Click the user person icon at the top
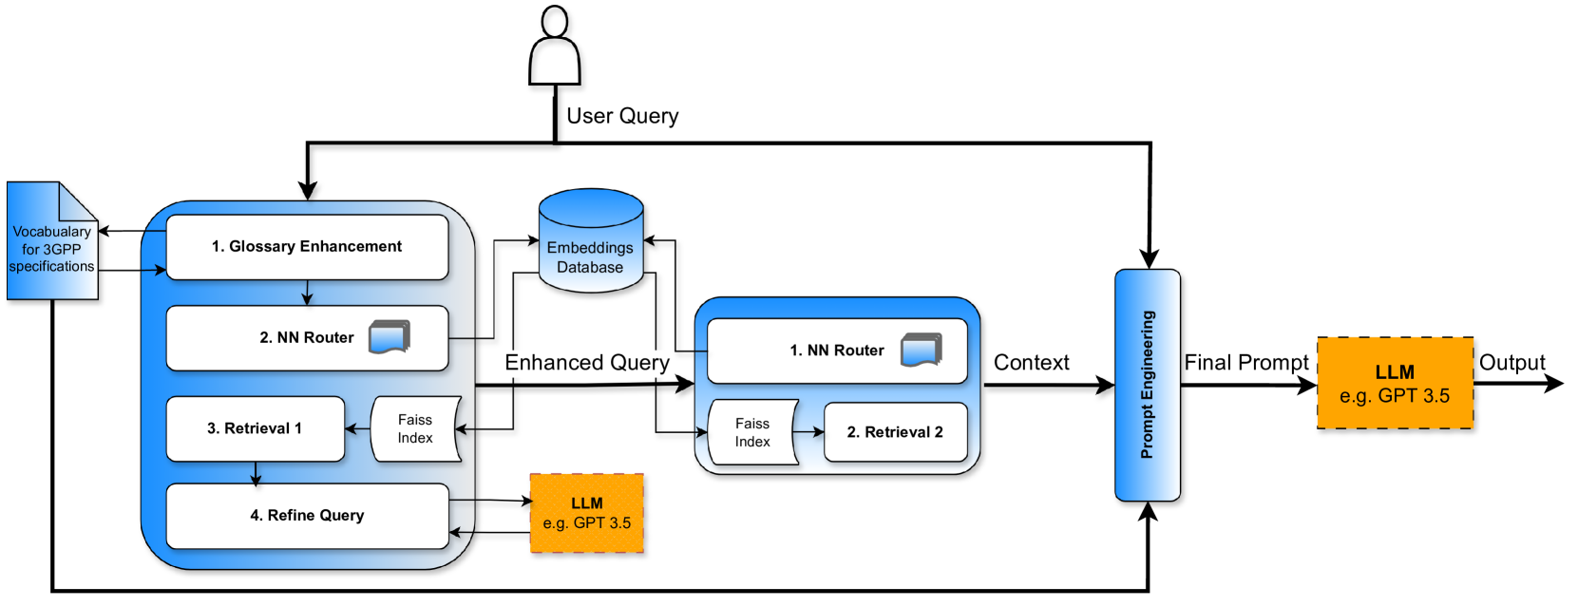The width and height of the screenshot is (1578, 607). point(555,46)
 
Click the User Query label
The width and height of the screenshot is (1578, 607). point(622,116)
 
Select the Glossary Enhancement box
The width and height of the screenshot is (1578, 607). point(307,247)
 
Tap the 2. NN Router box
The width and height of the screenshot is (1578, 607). point(307,338)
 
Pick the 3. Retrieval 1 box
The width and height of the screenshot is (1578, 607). point(255,428)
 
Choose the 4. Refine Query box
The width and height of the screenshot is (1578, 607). point(307,516)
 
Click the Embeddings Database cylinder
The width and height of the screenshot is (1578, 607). point(591,240)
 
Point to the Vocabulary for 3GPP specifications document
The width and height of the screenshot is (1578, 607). point(52,241)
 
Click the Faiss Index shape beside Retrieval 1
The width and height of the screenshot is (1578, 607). point(415,428)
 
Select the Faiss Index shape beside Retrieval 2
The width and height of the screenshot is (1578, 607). point(752,432)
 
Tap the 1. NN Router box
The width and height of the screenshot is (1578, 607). point(837,351)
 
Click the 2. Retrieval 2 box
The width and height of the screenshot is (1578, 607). point(895,432)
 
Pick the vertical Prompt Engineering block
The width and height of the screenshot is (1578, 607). point(1148,385)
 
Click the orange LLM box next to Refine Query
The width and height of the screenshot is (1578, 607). point(587,513)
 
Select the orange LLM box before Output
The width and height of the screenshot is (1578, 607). point(1395,383)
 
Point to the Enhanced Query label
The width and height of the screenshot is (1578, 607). point(587,363)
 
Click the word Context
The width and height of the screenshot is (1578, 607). point(1032,363)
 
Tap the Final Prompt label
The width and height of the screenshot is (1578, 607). point(1246,363)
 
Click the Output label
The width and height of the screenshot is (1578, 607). point(1511,363)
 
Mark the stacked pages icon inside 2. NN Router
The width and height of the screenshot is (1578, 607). point(390,337)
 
